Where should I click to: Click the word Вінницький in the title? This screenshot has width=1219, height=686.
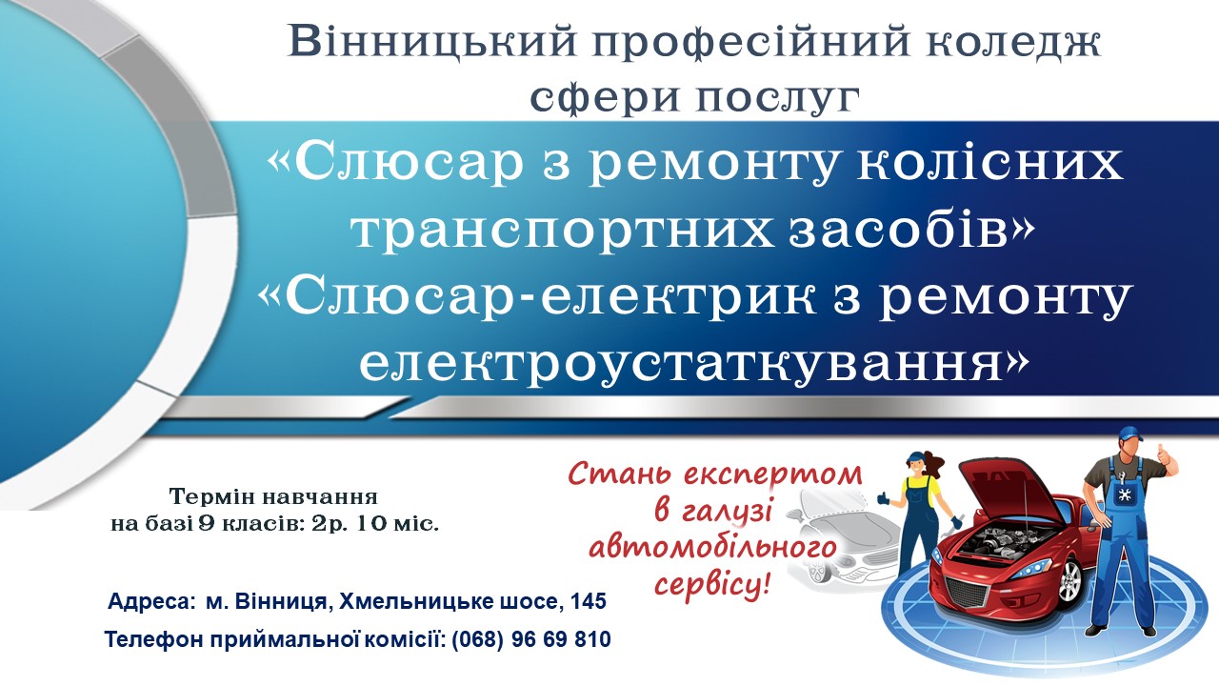click(432, 43)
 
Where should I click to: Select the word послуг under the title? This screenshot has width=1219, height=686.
click(775, 98)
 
